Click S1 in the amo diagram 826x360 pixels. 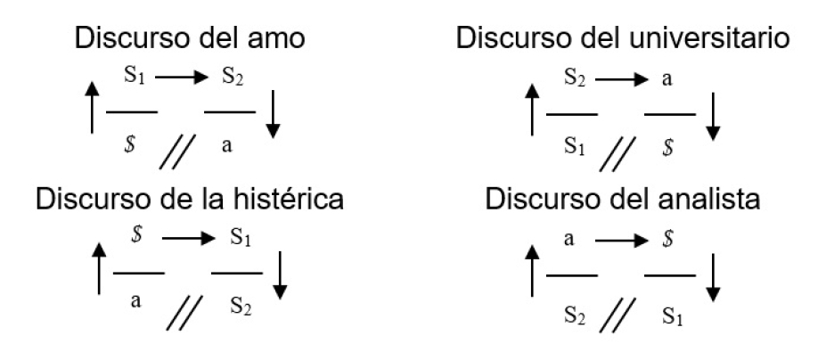coord(133,78)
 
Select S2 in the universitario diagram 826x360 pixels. coord(576,78)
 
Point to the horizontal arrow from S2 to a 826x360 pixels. coord(619,78)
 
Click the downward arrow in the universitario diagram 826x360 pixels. coord(713,116)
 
